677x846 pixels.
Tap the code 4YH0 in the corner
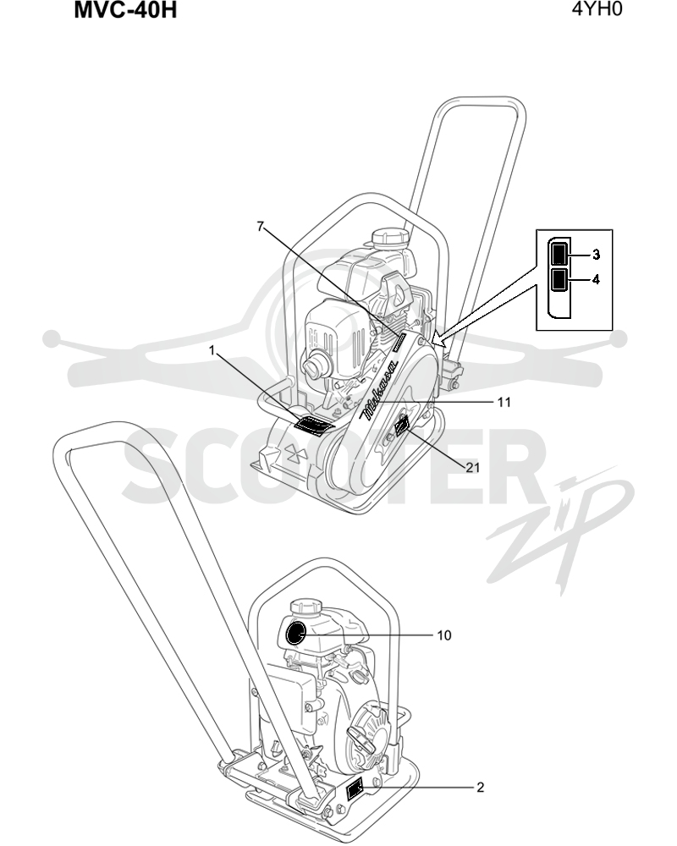coord(597,9)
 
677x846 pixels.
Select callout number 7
coord(260,227)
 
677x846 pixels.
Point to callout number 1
coord(212,351)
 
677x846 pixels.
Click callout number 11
coord(504,403)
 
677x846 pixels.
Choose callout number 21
coord(473,467)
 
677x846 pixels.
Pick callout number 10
coord(443,635)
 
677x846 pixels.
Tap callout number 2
coord(481,788)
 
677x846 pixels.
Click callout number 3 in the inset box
coord(596,254)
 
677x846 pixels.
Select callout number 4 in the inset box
coord(596,279)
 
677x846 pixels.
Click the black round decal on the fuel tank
coord(296,634)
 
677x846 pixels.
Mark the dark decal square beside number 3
coord(559,254)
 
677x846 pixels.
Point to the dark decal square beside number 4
coord(559,279)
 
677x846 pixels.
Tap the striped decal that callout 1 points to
coord(314,426)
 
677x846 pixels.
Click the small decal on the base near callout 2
coord(355,791)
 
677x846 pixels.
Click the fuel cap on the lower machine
coord(306,608)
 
